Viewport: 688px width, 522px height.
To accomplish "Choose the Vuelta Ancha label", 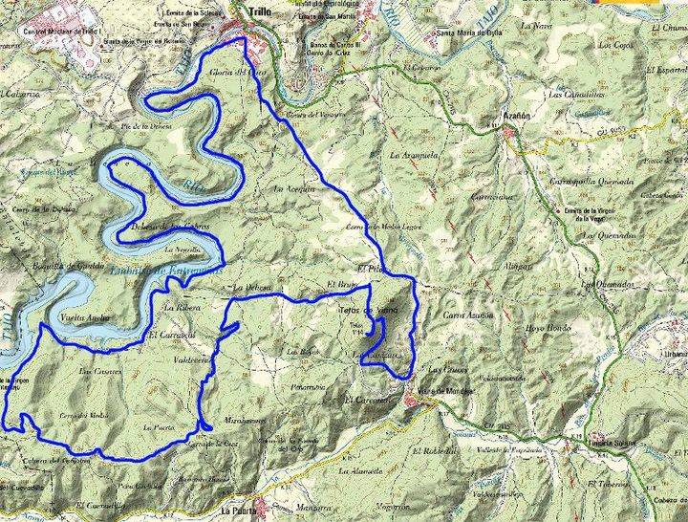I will tap(85, 316).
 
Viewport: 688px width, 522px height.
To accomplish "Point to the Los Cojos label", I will tap(616, 45).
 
